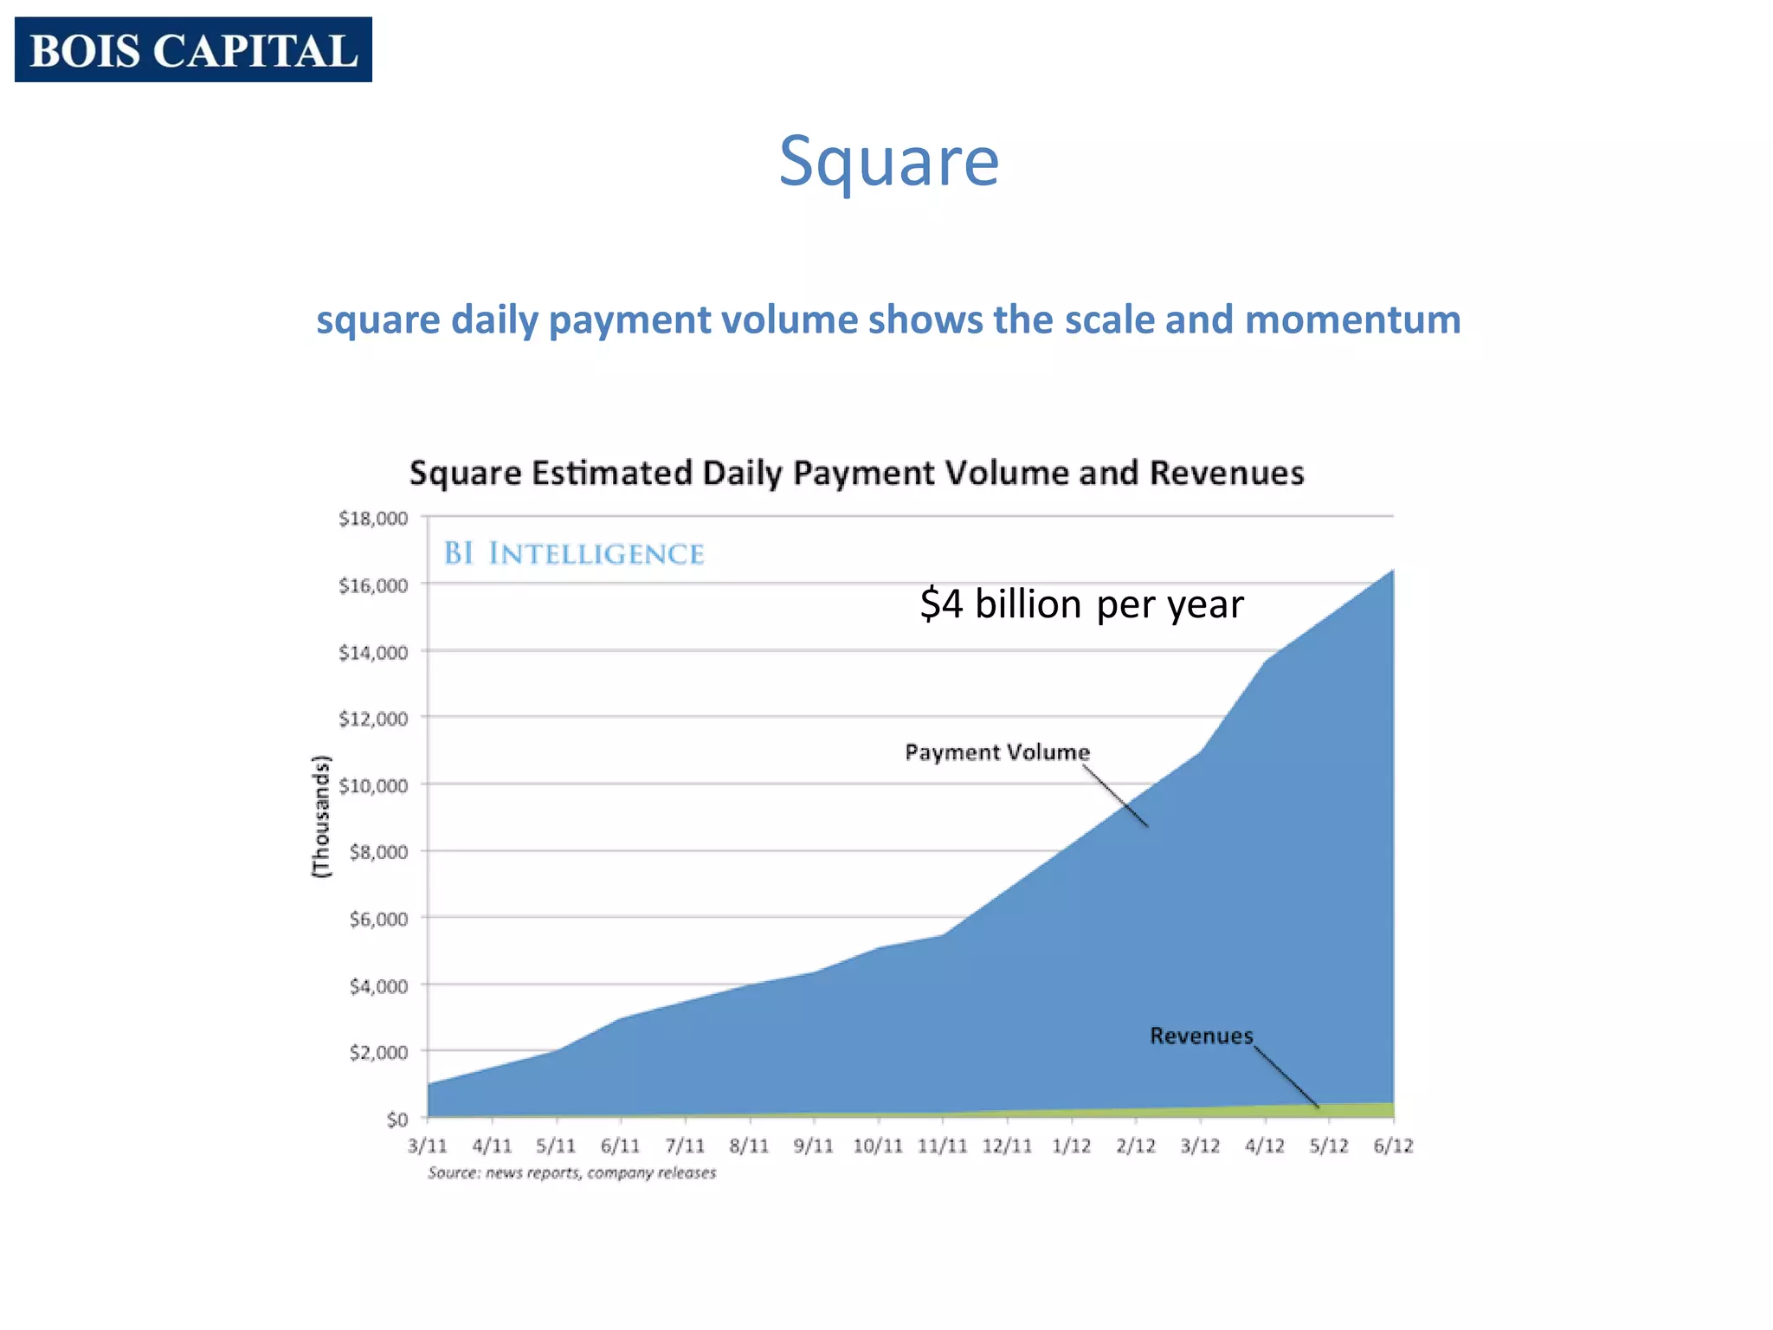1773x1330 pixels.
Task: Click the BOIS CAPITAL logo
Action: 193,49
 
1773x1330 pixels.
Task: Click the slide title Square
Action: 889,161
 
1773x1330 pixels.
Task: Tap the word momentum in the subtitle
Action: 1352,320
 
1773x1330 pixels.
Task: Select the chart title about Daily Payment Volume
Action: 856,474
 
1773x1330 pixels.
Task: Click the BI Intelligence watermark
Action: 574,553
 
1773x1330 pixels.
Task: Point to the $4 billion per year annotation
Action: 1081,604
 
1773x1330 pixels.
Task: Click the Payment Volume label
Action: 997,752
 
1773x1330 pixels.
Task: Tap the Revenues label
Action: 1201,1036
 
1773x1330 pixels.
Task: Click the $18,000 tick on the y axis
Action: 373,519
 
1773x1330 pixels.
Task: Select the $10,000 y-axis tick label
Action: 373,786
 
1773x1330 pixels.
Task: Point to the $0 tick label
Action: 397,1120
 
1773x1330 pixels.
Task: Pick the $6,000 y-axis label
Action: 378,920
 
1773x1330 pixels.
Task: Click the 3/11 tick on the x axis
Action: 428,1146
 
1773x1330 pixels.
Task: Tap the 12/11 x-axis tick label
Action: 1007,1146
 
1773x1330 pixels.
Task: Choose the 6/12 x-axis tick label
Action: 1393,1146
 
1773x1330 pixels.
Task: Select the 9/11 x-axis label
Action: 813,1146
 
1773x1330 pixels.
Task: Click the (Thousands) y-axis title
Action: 321,817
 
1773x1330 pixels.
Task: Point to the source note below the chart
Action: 572,1173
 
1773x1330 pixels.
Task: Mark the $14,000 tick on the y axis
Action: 373,653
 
